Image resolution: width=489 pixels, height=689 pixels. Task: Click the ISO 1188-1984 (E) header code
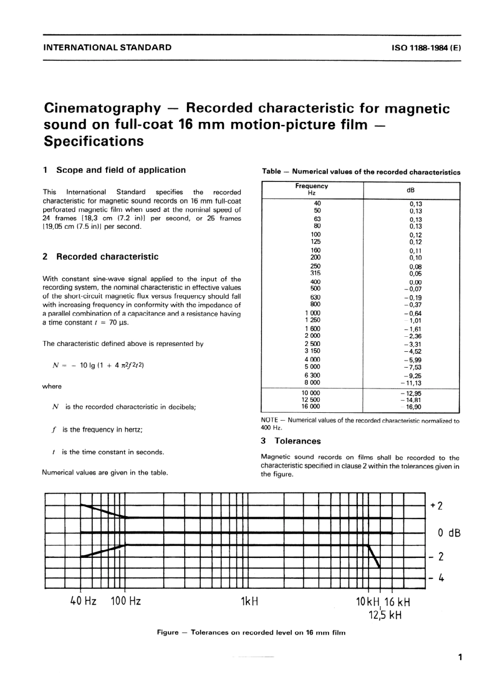coord(426,48)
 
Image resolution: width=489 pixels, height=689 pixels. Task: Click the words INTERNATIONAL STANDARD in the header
coord(108,47)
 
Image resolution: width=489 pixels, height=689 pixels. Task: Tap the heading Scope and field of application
coord(120,170)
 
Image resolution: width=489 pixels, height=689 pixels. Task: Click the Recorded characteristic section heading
coord(107,257)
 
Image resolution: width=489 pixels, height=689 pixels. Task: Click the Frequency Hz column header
coord(311,189)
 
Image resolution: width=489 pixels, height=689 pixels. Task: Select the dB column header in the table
coord(410,190)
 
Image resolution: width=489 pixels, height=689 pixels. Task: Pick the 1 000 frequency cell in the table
coord(312,313)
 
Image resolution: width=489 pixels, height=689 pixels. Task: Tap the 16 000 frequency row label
coord(310,406)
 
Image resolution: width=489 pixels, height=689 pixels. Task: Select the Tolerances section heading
coord(297,441)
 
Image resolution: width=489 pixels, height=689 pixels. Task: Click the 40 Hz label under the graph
coord(83,601)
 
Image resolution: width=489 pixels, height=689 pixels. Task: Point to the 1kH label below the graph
coord(249,601)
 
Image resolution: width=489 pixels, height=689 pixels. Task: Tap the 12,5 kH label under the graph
coord(385,614)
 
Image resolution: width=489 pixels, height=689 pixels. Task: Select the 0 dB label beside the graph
coord(449,532)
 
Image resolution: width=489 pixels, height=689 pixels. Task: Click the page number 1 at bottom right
coord(460,657)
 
